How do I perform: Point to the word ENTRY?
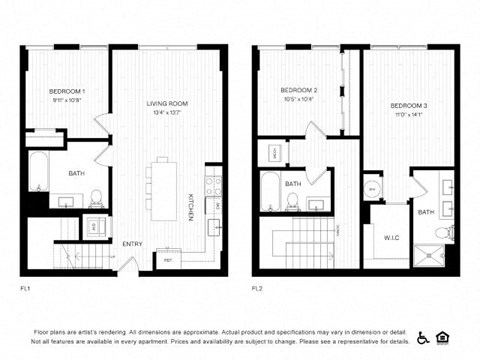click(132, 244)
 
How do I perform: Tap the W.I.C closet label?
click(391, 237)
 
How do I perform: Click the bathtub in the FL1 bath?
click(37, 171)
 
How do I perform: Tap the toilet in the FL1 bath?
click(96, 199)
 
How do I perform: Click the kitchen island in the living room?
click(163, 187)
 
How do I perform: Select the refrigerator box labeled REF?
click(168, 262)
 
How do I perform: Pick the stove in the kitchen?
click(213, 184)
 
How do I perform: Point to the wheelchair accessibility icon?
click(423, 337)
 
